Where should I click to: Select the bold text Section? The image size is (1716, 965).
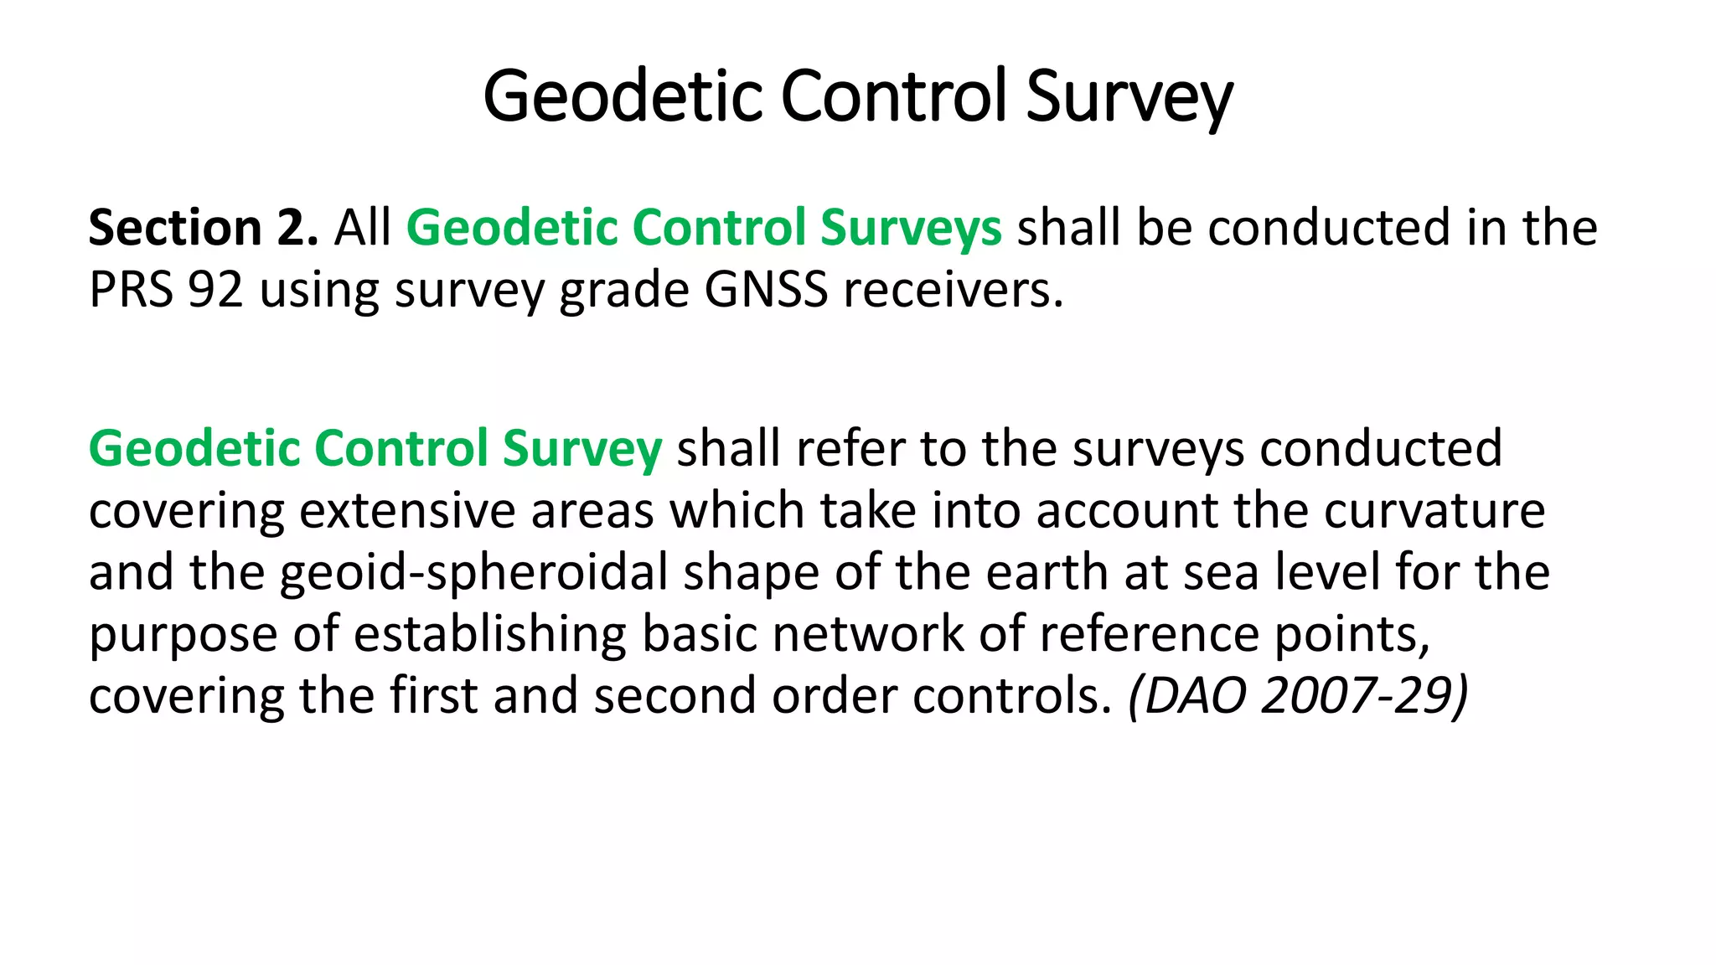175,228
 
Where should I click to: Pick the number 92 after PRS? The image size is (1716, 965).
215,290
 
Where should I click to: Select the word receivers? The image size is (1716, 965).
953,290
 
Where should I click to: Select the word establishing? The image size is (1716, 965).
489,634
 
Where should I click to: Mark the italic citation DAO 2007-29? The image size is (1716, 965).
1298,696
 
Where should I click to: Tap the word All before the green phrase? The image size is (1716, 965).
363,228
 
